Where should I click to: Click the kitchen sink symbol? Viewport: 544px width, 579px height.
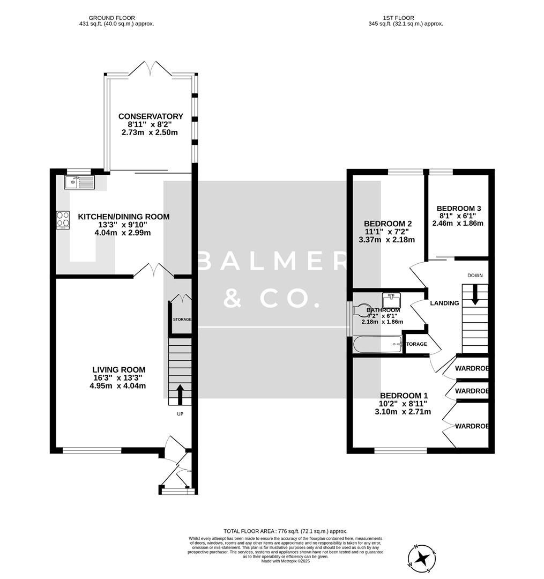pos(79,183)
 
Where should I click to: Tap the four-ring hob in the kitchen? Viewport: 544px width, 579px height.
pos(63,220)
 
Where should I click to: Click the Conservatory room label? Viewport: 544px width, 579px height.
pos(151,116)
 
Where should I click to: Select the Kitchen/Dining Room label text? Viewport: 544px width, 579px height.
pos(124,217)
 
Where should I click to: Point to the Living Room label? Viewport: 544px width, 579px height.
pos(119,369)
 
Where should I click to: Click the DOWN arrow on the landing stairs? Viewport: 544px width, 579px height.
pos(474,295)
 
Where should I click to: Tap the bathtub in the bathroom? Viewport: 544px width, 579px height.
pos(377,344)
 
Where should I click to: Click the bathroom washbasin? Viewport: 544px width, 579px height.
pos(391,299)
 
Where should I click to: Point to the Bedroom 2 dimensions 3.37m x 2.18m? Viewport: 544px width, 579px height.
pos(386,240)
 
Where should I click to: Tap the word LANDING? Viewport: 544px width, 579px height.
pos(444,303)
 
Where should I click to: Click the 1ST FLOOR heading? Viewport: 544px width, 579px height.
pos(406,18)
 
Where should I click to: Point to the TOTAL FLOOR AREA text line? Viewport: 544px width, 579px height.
pos(285,531)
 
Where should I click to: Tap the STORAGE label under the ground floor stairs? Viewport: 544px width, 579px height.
pos(182,320)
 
